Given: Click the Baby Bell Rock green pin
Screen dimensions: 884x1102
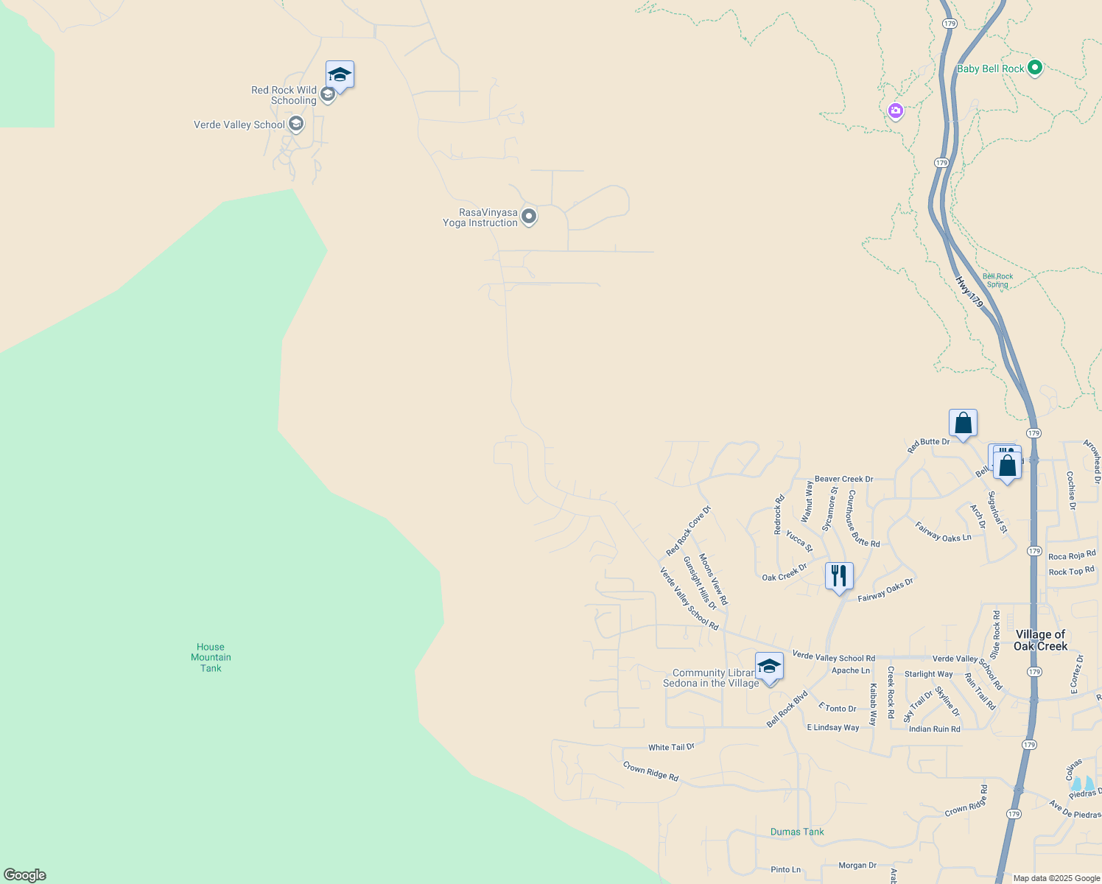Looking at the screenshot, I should click(x=1034, y=69).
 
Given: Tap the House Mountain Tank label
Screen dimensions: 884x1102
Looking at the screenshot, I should click(x=211, y=658).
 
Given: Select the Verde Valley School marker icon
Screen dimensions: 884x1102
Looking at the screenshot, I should click(x=296, y=124).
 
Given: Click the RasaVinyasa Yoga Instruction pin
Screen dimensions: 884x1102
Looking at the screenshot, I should click(x=529, y=217).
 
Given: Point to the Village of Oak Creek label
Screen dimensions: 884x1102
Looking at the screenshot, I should click(x=1040, y=640).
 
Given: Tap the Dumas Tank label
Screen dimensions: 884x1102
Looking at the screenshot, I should click(x=797, y=832).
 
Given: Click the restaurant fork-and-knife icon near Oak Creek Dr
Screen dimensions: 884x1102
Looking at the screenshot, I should click(x=839, y=575).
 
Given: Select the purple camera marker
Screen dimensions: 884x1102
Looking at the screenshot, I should click(x=896, y=111).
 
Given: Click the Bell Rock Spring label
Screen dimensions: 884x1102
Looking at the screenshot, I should click(x=998, y=281).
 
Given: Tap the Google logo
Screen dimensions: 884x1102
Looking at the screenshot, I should click(x=25, y=875).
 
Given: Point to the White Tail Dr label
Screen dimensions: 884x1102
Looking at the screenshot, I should click(x=671, y=747).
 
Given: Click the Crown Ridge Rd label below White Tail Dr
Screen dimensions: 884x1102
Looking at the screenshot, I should click(x=650, y=771).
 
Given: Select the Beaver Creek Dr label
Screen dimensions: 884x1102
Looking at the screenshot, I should click(x=843, y=479).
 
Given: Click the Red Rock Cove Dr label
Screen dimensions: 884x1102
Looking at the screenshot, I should click(x=689, y=531).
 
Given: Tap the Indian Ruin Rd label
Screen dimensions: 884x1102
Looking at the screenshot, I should click(x=934, y=729).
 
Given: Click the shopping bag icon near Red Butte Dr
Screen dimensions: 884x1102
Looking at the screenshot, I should click(x=963, y=423).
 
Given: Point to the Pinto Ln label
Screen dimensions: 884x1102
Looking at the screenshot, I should click(x=785, y=869).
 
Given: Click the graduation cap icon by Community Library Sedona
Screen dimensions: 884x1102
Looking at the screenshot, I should click(x=769, y=666).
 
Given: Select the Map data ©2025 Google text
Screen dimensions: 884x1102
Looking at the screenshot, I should click(x=1056, y=878).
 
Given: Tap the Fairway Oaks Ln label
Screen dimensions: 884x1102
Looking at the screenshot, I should click(x=943, y=533).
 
